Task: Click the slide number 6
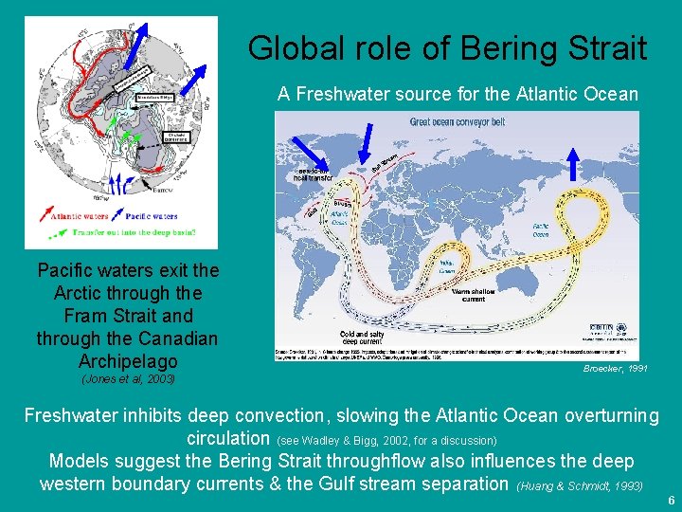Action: point(671,501)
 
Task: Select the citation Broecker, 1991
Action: point(616,368)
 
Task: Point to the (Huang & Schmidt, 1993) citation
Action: point(580,485)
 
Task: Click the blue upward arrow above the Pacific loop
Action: point(572,163)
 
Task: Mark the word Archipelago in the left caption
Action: point(128,361)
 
